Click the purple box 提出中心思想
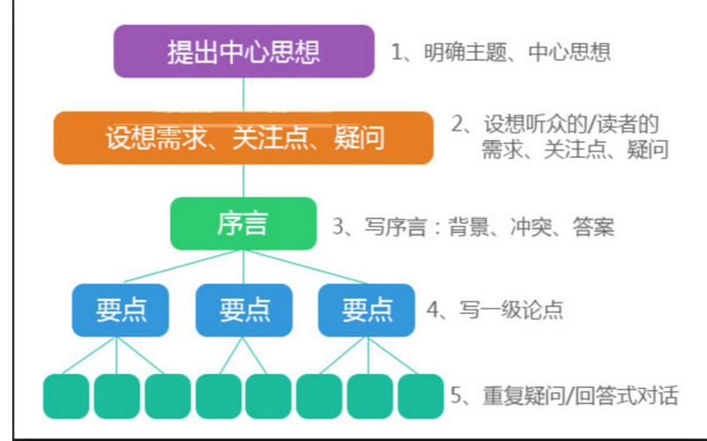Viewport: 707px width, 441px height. pos(243,51)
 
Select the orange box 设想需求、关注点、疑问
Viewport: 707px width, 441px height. pos(243,138)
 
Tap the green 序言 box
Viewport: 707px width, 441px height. pos(243,223)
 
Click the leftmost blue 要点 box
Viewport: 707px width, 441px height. pos(120,310)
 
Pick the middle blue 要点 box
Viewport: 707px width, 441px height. pos(243,310)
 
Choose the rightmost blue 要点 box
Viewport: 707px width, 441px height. pos(366,310)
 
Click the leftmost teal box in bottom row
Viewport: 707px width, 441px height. pos(66,396)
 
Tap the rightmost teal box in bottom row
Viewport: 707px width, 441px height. pos(420,396)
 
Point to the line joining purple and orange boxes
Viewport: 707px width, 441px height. pos(243,94)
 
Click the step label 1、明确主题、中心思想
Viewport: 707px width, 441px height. pos(501,52)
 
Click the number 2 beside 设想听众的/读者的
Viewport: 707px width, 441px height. pos(457,124)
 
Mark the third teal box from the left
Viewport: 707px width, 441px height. pos(167,396)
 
